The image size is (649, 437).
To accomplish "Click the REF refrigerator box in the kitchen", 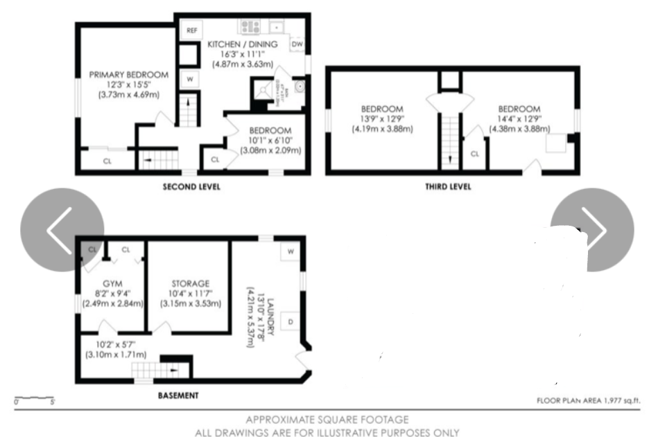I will (x=191, y=30).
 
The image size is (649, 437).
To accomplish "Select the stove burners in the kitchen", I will (x=250, y=27).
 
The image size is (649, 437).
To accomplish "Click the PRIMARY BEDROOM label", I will (x=129, y=75).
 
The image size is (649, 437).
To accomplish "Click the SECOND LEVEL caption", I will (x=191, y=187).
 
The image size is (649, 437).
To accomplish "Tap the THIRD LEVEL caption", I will (x=448, y=186).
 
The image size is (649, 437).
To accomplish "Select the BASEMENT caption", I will (x=179, y=395).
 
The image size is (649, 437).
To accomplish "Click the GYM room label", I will (x=112, y=283).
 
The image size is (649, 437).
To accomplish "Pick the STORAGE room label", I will (x=191, y=283).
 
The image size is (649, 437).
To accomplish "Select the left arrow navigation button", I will (x=62, y=230).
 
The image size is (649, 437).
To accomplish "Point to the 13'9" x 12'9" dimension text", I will (x=382, y=119).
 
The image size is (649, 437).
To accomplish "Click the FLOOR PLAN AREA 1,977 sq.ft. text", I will (x=588, y=400).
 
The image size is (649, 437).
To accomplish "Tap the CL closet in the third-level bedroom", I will (x=475, y=154).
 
